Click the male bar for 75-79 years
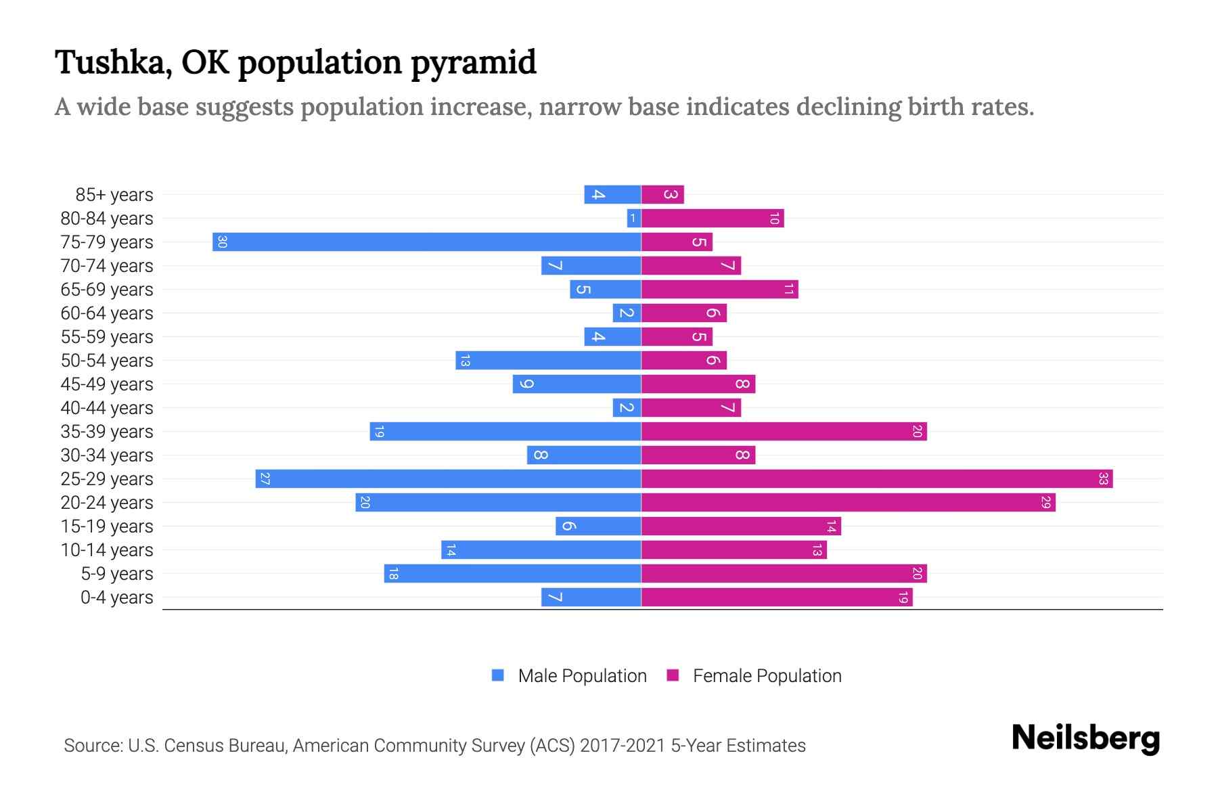[x=426, y=242]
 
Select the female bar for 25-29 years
[x=876, y=479]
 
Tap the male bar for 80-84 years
[x=634, y=219]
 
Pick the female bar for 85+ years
[x=662, y=195]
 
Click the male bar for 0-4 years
[x=591, y=597]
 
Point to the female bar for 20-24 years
[x=848, y=503]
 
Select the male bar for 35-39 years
[x=505, y=432]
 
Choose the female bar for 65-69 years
[x=719, y=290]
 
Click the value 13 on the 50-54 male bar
[x=464, y=361]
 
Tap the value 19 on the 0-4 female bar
[x=903, y=597]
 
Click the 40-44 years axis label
[x=107, y=408]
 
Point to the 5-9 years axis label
[x=117, y=574]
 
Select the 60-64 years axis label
[x=107, y=313]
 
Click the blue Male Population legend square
[x=498, y=675]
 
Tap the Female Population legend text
[x=767, y=676]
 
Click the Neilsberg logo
[x=1085, y=738]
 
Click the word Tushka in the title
[x=108, y=62]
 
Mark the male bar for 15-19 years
[x=598, y=526]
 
